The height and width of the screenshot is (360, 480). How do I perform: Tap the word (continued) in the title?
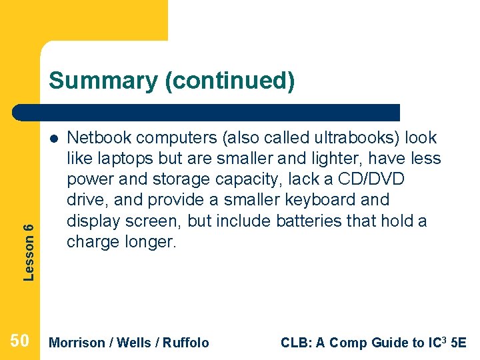point(229,81)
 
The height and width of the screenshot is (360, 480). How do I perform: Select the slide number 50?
point(20,342)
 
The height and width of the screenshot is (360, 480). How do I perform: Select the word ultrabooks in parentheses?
point(348,138)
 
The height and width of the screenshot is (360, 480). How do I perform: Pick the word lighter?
point(306,159)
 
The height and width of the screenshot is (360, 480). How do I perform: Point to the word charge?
point(93,241)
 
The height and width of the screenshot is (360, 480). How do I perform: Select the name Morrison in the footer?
point(77,343)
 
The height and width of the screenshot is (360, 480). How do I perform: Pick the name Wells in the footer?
point(133,343)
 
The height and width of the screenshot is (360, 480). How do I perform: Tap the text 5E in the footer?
point(459,343)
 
